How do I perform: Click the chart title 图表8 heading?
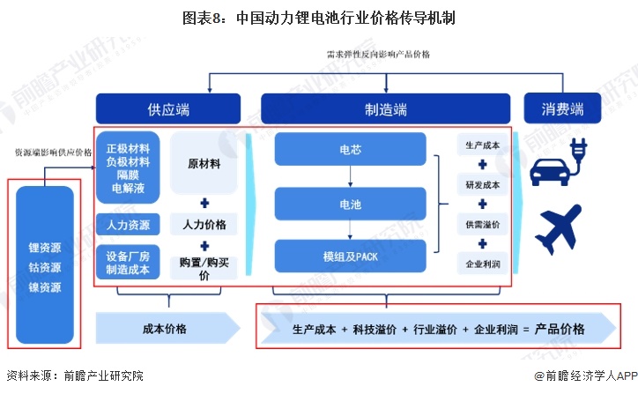click(319, 17)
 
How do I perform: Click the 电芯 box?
click(350, 149)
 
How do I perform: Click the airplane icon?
click(561, 227)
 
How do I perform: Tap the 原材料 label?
click(204, 164)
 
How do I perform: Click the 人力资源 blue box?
click(128, 224)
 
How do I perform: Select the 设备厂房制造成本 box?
click(128, 262)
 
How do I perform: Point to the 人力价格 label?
click(204, 225)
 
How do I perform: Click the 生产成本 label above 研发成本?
click(483, 145)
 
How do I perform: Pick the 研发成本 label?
click(483, 185)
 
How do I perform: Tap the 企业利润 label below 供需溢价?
click(483, 264)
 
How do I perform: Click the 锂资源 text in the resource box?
click(44, 248)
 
